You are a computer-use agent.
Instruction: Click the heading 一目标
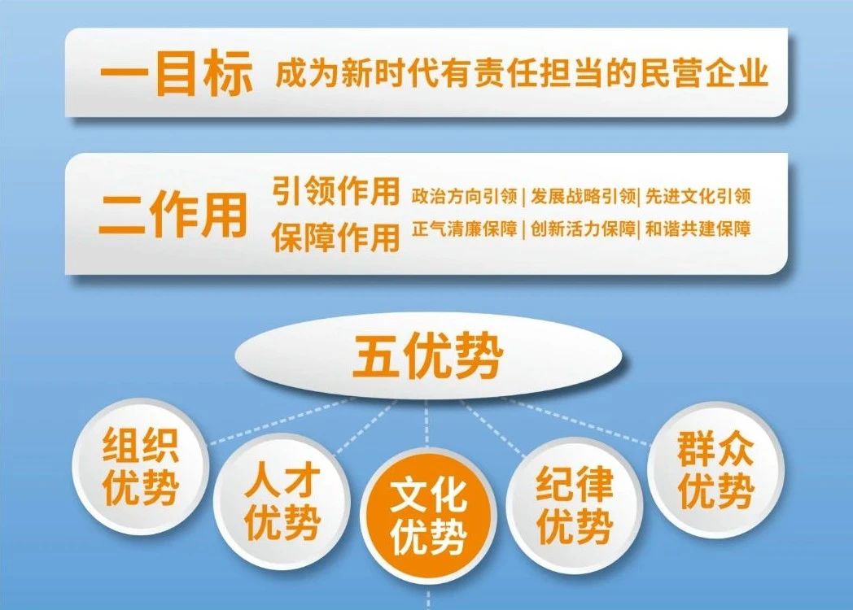coord(177,73)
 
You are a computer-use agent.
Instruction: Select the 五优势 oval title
coord(427,355)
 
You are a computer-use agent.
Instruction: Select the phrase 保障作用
coord(335,237)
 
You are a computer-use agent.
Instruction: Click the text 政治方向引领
coord(464,196)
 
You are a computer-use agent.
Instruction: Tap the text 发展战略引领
coord(583,196)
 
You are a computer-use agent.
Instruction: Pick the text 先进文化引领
coord(698,196)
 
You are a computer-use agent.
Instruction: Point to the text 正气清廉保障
coord(464,229)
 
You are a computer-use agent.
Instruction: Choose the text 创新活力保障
coord(583,229)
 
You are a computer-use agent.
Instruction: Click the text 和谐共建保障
coord(698,229)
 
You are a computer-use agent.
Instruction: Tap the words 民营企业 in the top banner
coord(703,72)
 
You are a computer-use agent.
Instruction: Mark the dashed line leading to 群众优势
coord(575,421)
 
